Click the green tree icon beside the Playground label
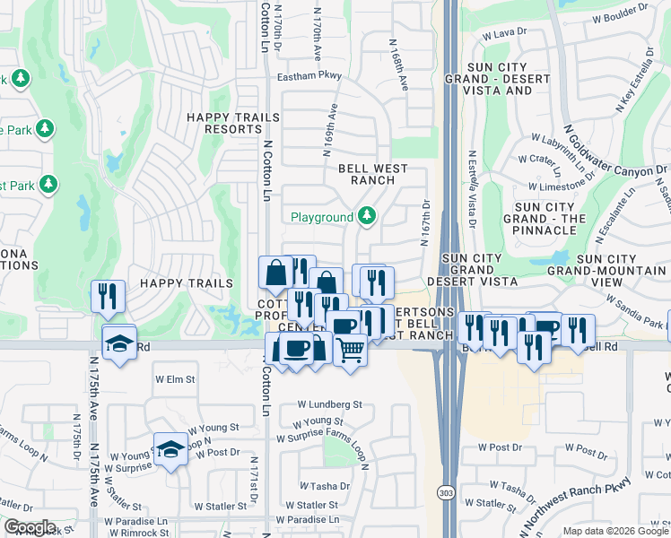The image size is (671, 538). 366,216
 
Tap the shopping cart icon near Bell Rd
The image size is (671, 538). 350,348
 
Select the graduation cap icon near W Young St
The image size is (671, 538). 170,449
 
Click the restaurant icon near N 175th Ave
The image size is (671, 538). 108,297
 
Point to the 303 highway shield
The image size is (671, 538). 446,493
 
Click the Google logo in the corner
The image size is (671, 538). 29,527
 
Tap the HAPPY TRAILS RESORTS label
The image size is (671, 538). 222,123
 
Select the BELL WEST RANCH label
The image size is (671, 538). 372,174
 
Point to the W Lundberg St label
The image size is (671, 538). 326,404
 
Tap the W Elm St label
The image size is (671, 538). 176,378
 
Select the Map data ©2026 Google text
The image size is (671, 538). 615,531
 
